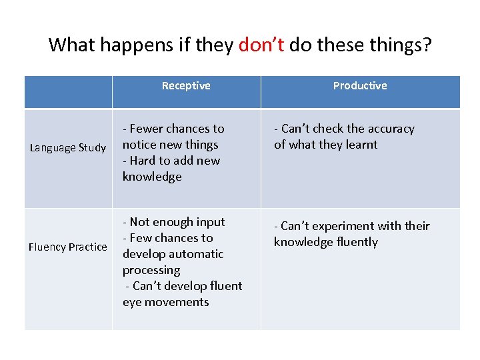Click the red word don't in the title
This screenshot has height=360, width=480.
pos(261,45)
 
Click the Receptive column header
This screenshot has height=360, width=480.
pos(186,86)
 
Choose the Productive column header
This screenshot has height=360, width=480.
pos(360,86)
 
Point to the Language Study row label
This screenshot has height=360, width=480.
pos(68,148)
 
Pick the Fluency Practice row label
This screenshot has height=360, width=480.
pos(68,247)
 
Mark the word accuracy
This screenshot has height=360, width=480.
pos(390,129)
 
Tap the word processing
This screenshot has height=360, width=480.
pos(151,270)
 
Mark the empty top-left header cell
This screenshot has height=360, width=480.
pos(68,92)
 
